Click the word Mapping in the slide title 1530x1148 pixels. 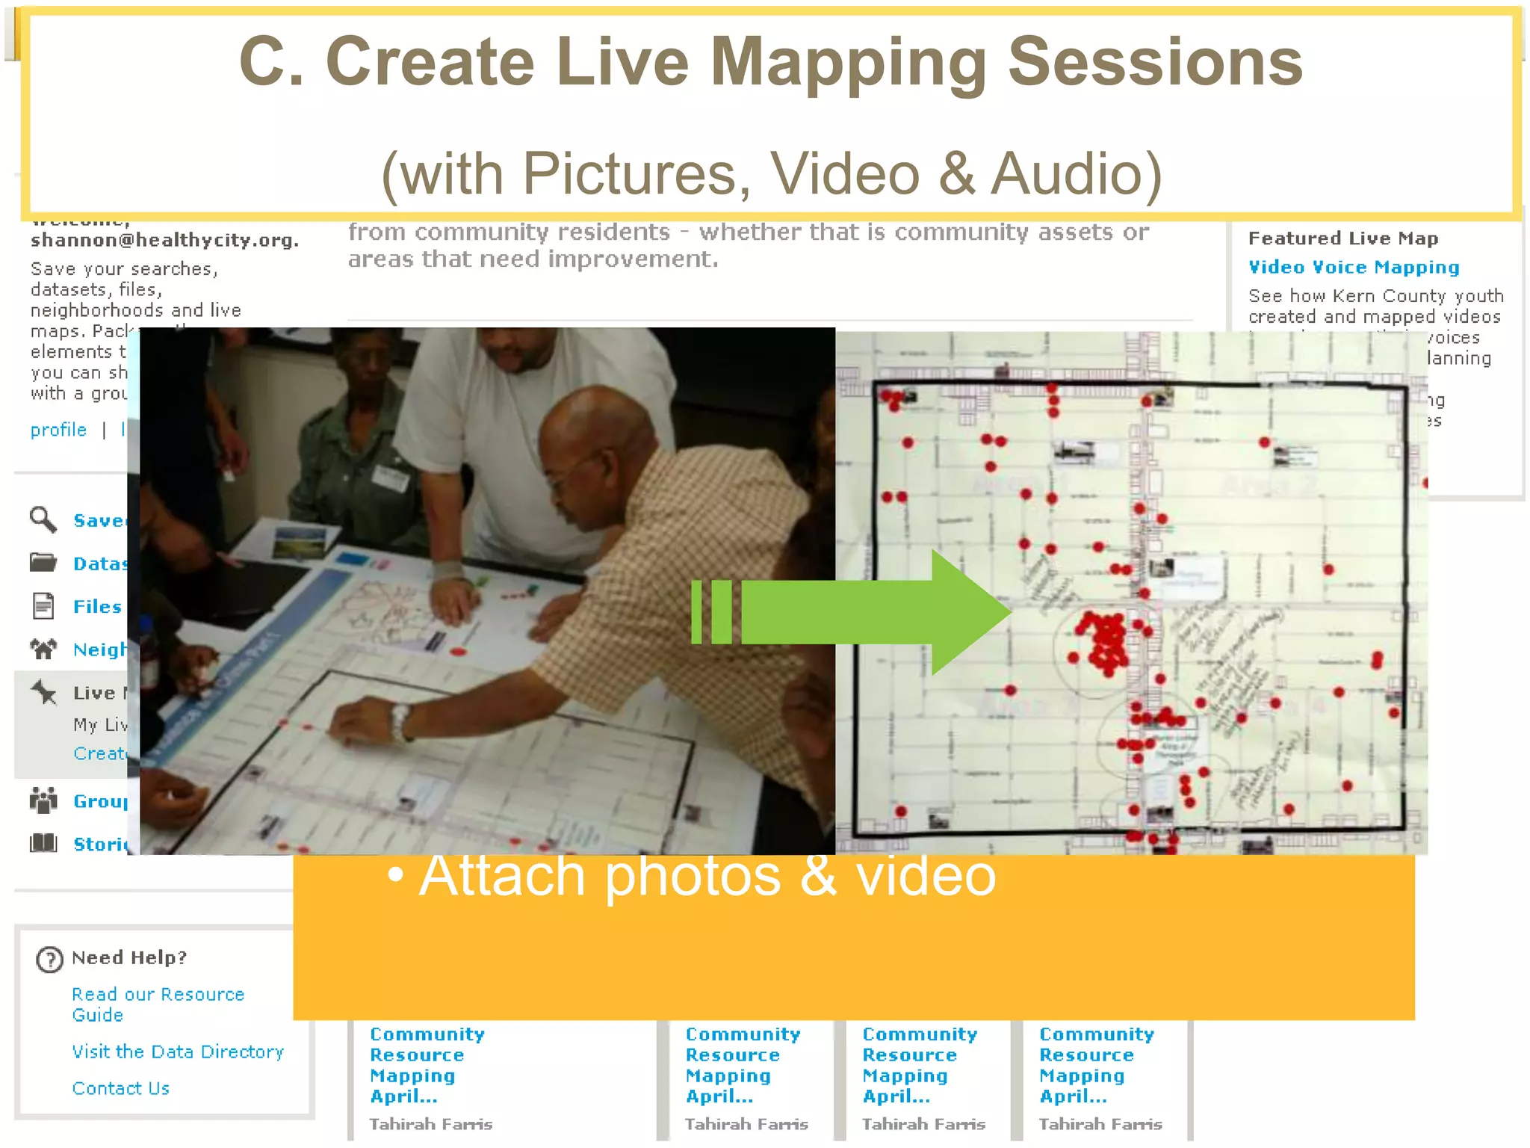coord(848,64)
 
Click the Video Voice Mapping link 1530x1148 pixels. coord(1353,268)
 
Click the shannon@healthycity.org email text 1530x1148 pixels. coord(164,240)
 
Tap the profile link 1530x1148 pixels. coord(58,430)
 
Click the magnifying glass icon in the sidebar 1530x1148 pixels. coord(43,519)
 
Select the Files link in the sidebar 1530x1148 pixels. coord(97,606)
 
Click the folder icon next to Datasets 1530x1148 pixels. coord(43,562)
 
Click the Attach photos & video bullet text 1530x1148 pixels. coord(706,875)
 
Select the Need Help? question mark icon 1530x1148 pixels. coord(49,959)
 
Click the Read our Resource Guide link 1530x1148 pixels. coord(157,1004)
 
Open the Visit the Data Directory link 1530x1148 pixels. coord(177,1052)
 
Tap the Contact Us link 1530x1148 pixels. coord(120,1088)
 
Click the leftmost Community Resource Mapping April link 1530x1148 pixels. coord(427,1065)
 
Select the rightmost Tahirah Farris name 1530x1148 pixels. coord(1099,1124)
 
